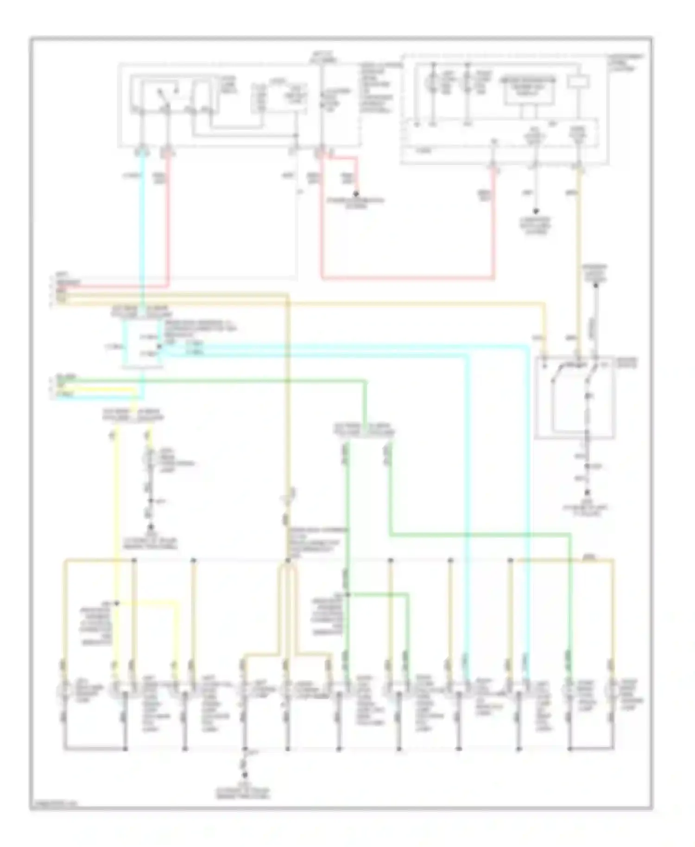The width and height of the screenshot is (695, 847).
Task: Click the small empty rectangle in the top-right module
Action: pyautogui.click(x=579, y=82)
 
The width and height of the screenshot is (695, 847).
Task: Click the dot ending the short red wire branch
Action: pyautogui.click(x=356, y=194)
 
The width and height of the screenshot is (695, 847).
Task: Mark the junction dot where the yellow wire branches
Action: pyautogui.click(x=117, y=603)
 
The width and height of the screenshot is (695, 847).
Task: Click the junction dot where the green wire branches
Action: pyautogui.click(x=347, y=594)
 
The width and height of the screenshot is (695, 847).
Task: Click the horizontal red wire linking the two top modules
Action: pyautogui.click(x=408, y=279)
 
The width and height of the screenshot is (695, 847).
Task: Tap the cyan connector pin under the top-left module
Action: pyautogui.click(x=143, y=152)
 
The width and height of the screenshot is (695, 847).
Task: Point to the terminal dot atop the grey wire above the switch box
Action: pyautogui.click(x=596, y=285)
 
